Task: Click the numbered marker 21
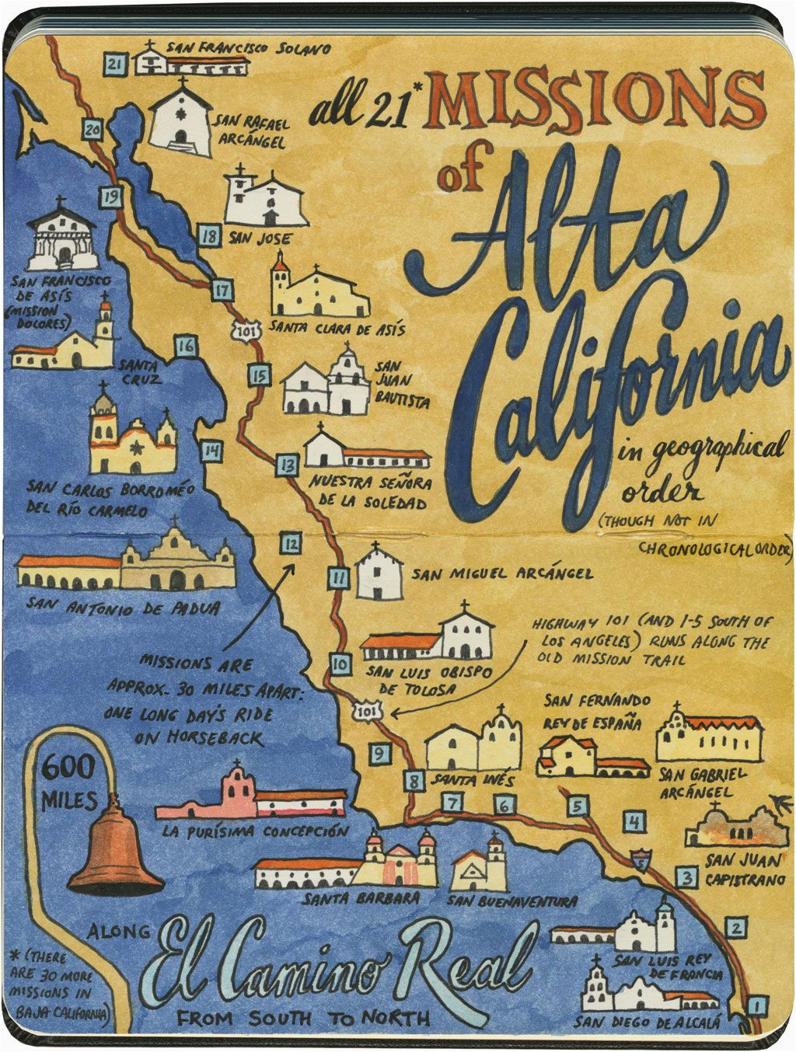point(115,63)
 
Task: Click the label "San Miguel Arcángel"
point(502,574)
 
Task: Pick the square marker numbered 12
point(290,543)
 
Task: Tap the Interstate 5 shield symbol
point(640,860)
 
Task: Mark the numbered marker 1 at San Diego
point(753,1008)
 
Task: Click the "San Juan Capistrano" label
point(742,869)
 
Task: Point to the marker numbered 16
point(185,346)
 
